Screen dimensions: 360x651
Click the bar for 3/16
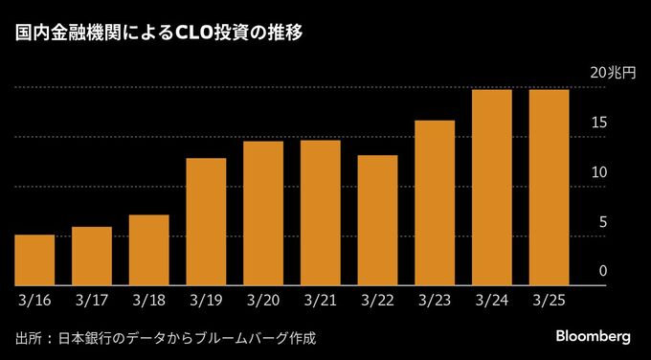[x=34, y=259]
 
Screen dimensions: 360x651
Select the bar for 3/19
[x=206, y=221]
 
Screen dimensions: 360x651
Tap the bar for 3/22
[x=377, y=219]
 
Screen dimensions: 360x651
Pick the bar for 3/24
[x=492, y=187]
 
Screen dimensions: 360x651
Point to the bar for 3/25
[x=550, y=187]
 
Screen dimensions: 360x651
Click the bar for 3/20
[x=263, y=213]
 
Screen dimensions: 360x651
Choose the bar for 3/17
[x=92, y=256]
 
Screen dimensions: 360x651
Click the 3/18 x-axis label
[x=149, y=300]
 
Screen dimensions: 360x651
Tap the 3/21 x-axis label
[x=321, y=300]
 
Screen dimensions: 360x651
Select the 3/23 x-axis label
[x=436, y=300]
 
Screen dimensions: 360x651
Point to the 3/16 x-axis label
[x=34, y=300]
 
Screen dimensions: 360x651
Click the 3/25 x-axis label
[x=550, y=300]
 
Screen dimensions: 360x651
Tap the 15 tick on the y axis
[x=599, y=123]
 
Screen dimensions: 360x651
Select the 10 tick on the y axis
[x=599, y=172]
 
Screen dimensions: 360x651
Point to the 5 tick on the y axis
[x=603, y=222]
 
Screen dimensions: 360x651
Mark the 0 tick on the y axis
[x=603, y=272]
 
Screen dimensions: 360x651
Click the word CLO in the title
[x=197, y=34]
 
